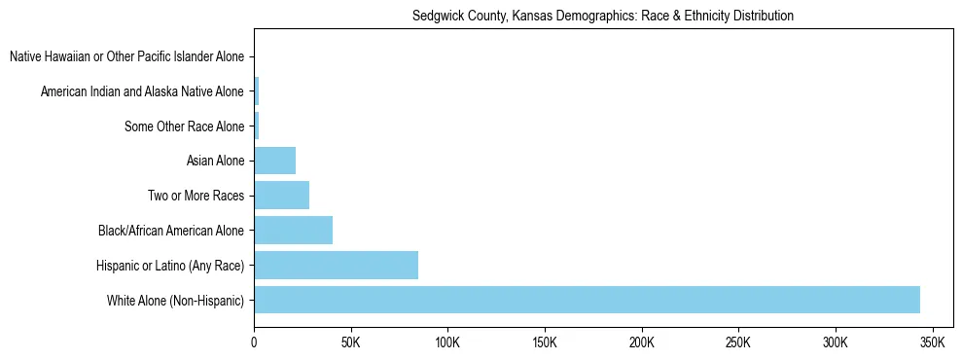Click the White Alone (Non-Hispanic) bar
(x=587, y=300)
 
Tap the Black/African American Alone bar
(x=293, y=230)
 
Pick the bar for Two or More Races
(x=281, y=195)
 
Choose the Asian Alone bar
(x=274, y=160)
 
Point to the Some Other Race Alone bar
(x=257, y=126)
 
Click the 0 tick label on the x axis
(x=254, y=343)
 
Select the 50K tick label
(x=351, y=343)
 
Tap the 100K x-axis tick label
(x=447, y=343)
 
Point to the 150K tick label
(x=545, y=343)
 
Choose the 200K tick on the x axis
(x=642, y=343)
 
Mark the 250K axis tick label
(x=738, y=343)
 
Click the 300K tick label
(x=836, y=343)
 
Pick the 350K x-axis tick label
(x=932, y=343)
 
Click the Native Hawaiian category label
(x=126, y=56)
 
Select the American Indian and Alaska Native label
(x=142, y=91)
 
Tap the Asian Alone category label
(x=215, y=161)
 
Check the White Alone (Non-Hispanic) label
(x=175, y=301)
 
